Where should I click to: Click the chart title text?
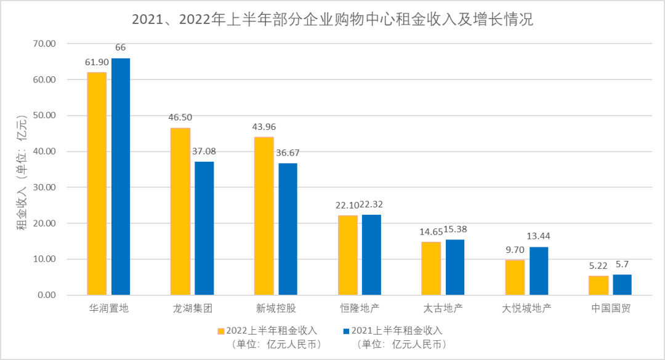(332, 20)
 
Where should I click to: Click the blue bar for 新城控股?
(288, 229)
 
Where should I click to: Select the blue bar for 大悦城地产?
(539, 271)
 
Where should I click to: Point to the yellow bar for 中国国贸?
(598, 286)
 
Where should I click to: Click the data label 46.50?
(180, 116)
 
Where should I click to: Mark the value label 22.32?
(371, 204)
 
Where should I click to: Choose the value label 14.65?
(430, 231)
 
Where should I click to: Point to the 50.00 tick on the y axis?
(44, 116)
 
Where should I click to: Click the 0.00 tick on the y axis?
(47, 295)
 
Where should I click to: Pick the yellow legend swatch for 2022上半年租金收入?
(220, 331)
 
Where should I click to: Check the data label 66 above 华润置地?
(121, 47)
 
